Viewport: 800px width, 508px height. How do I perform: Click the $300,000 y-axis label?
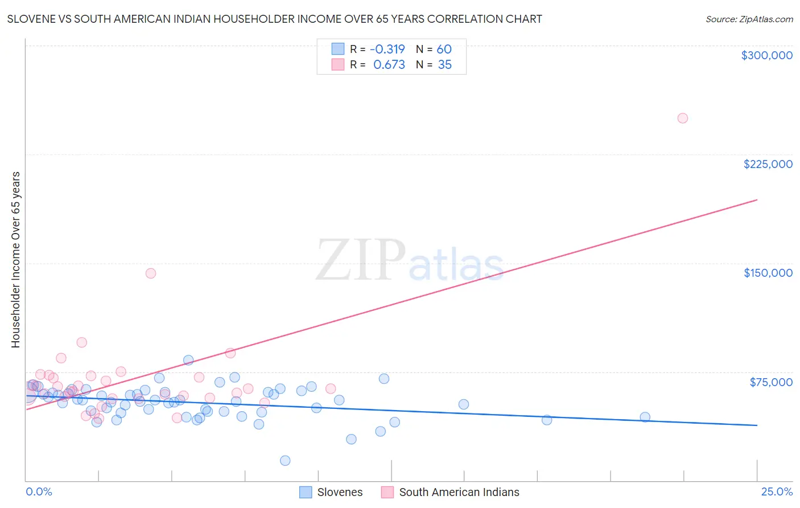click(766, 55)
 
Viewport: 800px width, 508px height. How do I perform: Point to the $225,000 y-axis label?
click(768, 164)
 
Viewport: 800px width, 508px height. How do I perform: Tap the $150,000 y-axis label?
click(768, 273)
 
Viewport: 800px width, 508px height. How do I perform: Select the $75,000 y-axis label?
click(771, 382)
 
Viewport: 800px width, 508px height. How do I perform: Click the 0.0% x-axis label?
click(39, 491)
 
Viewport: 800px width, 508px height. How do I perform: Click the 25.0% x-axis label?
click(777, 491)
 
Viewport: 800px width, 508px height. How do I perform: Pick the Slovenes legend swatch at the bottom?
click(306, 492)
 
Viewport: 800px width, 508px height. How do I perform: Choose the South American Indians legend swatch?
click(387, 492)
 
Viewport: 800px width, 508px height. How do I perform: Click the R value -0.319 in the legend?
click(387, 50)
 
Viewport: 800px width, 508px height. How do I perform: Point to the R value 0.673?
click(389, 65)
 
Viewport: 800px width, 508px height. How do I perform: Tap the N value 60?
click(444, 50)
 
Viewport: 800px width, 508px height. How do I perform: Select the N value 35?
click(444, 65)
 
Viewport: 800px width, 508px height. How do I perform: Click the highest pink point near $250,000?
click(682, 118)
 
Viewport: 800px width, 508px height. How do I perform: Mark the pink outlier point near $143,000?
click(151, 273)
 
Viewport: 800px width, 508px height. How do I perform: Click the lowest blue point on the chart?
click(285, 461)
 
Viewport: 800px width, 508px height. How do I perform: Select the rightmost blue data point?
click(645, 417)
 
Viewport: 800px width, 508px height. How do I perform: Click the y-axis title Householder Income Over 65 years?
click(16, 259)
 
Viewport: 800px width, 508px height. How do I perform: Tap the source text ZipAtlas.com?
click(749, 19)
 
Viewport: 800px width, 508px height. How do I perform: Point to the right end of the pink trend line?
click(757, 200)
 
